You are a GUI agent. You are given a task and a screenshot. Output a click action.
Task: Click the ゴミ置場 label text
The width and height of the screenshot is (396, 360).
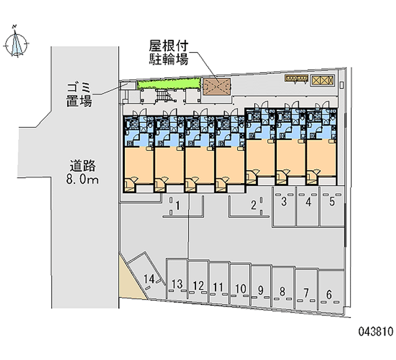click(79, 96)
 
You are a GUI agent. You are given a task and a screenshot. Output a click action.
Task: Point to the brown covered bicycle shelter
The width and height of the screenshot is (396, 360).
click(216, 85)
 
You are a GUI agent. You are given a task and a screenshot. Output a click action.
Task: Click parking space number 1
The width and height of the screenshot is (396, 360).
click(177, 205)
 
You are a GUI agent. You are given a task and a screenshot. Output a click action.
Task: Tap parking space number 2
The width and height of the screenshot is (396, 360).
click(254, 205)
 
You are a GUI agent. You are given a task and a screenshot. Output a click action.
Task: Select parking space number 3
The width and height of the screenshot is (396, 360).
click(284, 202)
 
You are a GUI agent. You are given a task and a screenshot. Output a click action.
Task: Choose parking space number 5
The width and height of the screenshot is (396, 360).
click(332, 202)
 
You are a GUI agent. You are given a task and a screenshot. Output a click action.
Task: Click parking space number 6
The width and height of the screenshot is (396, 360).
click(329, 294)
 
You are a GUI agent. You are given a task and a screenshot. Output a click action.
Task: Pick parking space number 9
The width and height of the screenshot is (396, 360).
click(260, 290)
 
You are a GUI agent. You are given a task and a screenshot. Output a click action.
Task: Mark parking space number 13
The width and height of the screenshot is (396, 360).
click(177, 284)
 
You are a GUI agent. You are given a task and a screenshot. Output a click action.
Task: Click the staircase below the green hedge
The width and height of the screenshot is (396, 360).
click(163, 96)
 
